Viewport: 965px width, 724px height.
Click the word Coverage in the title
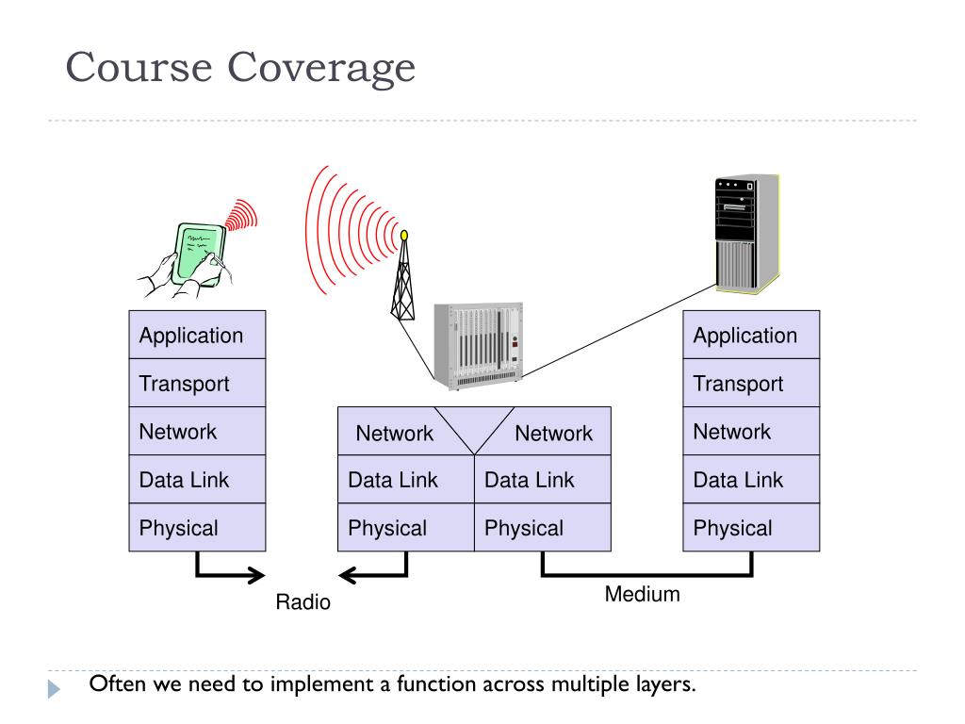pos(321,68)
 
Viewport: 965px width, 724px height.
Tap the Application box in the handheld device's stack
pos(197,335)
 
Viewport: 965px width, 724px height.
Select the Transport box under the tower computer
pos(751,383)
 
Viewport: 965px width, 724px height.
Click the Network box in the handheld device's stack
pos(197,431)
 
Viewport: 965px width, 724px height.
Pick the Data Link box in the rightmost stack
pos(751,479)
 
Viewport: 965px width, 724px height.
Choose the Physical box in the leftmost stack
pos(197,527)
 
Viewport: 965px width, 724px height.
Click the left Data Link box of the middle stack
pos(406,479)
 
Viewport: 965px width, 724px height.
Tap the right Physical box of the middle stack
pos(543,527)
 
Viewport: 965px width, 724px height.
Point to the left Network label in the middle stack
pos(395,434)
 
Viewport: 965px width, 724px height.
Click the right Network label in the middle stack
pos(554,434)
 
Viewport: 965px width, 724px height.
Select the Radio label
pos(303,601)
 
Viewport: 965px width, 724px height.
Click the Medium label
pos(643,594)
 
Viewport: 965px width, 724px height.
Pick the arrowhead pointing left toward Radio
pos(349,576)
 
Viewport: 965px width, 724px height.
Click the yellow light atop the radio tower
pos(404,235)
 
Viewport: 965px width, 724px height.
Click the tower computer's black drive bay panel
pos(735,209)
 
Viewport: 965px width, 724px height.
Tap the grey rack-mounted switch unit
pos(478,345)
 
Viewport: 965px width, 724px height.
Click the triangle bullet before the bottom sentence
pos(54,688)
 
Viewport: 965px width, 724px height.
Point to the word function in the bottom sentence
pos(436,684)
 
